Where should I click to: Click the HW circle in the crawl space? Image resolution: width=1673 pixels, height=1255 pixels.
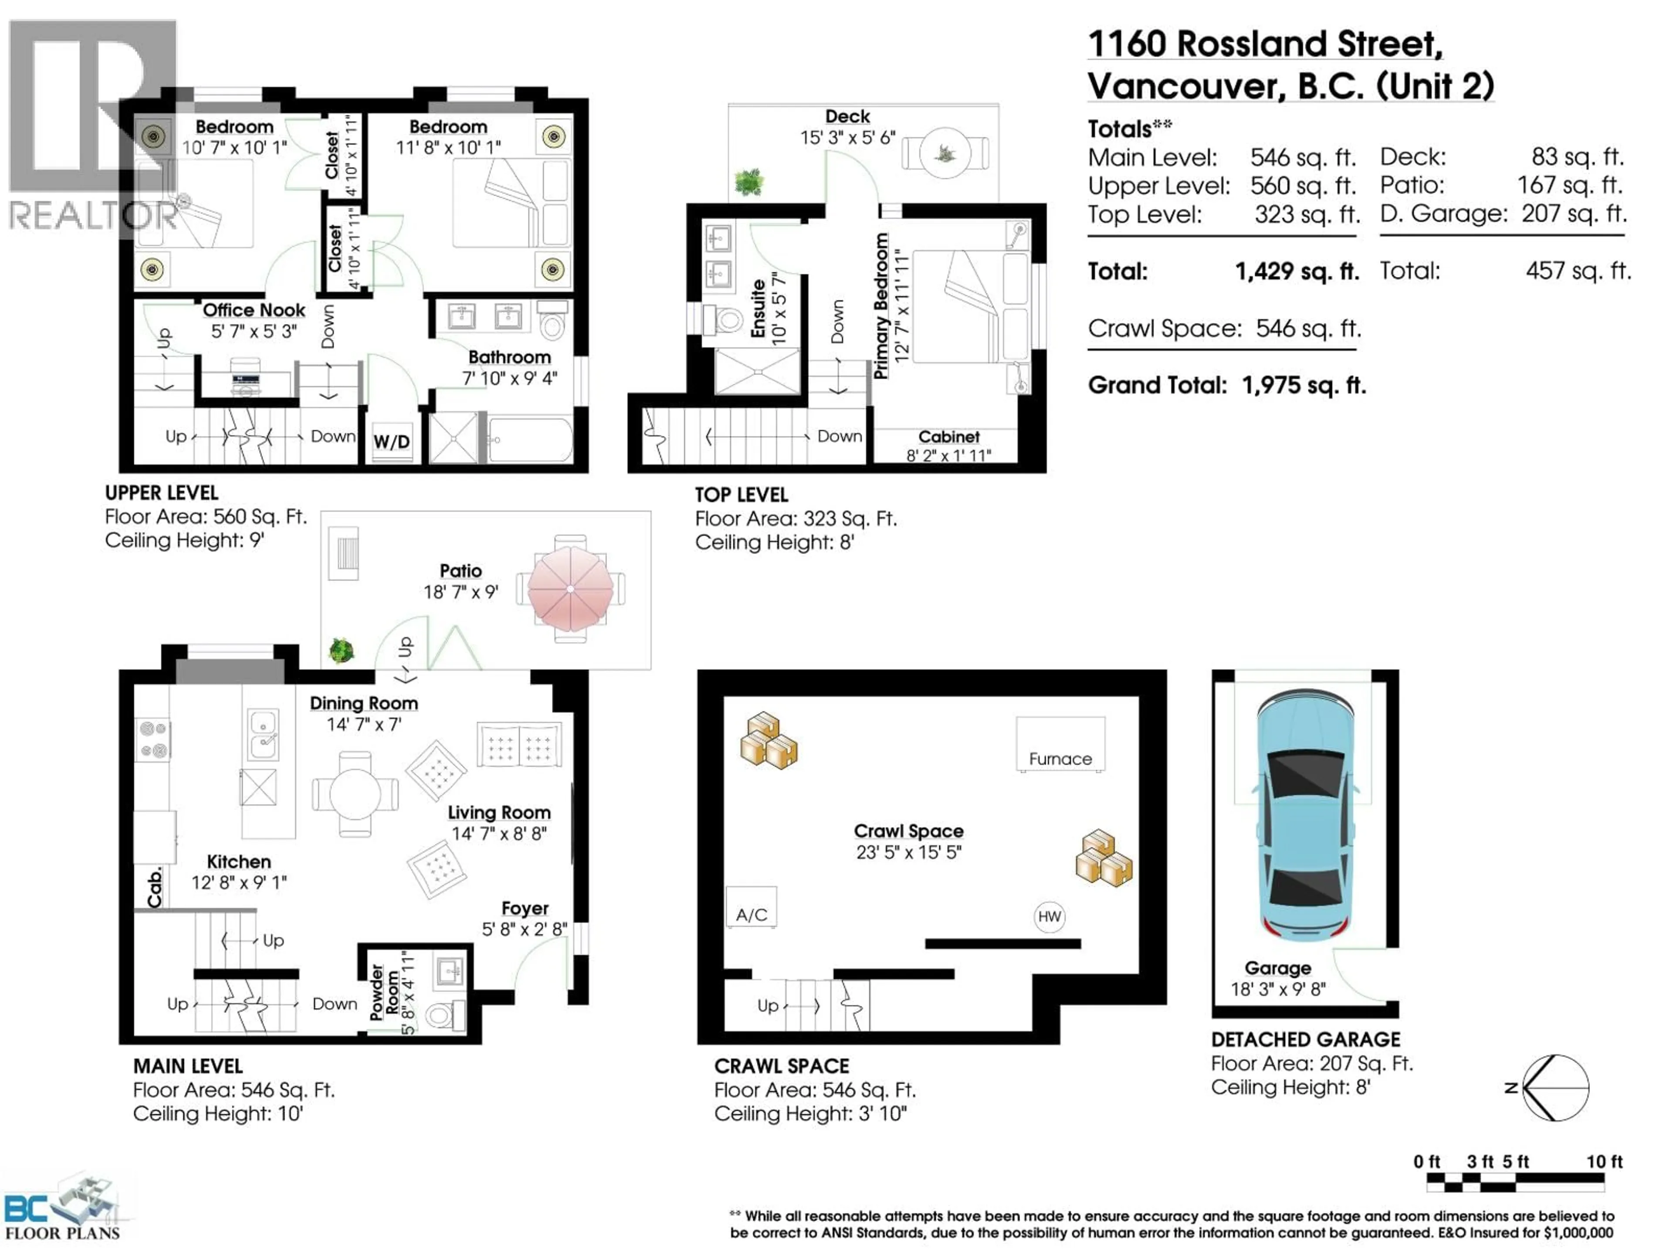point(1049,917)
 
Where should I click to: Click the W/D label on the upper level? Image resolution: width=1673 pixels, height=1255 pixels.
point(392,442)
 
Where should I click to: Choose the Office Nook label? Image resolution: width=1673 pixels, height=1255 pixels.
point(254,310)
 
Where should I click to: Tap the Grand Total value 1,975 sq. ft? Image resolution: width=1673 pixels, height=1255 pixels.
point(1304,386)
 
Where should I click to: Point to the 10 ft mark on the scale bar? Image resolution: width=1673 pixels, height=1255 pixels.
point(1604,1162)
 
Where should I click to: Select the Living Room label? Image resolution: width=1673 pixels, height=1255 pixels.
point(499,812)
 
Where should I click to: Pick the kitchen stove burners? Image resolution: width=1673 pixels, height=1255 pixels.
point(153,739)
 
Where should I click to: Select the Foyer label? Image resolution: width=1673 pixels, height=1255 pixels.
point(525,909)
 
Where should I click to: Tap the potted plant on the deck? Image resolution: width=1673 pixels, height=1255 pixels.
point(749,182)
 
